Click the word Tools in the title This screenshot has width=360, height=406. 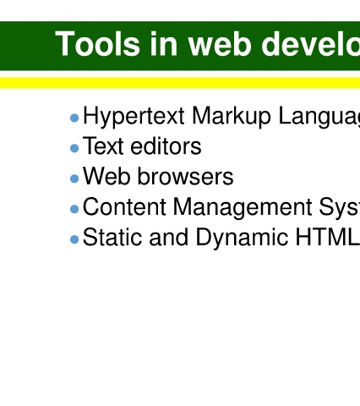coord(97,44)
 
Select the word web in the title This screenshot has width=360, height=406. coord(219,44)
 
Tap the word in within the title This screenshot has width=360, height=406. coord(164,44)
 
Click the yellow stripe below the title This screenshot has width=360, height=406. coord(180,83)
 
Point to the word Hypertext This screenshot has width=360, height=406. coord(134,117)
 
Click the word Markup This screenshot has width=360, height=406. coord(232,117)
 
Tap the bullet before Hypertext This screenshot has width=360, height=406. coord(74,118)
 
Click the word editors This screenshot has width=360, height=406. coord(166,146)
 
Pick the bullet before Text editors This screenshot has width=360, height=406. coord(74,148)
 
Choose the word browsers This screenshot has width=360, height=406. coord(185,176)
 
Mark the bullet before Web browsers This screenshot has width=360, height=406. coord(74,178)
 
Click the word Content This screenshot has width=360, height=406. coord(124,206)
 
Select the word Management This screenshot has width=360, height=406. coord(243,208)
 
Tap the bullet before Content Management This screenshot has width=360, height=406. coord(74,209)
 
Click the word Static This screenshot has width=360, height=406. coord(112,237)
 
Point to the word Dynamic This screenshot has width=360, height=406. coord(242,239)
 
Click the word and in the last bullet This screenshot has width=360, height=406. coord(169,237)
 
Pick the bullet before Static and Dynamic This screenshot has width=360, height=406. coord(74,239)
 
